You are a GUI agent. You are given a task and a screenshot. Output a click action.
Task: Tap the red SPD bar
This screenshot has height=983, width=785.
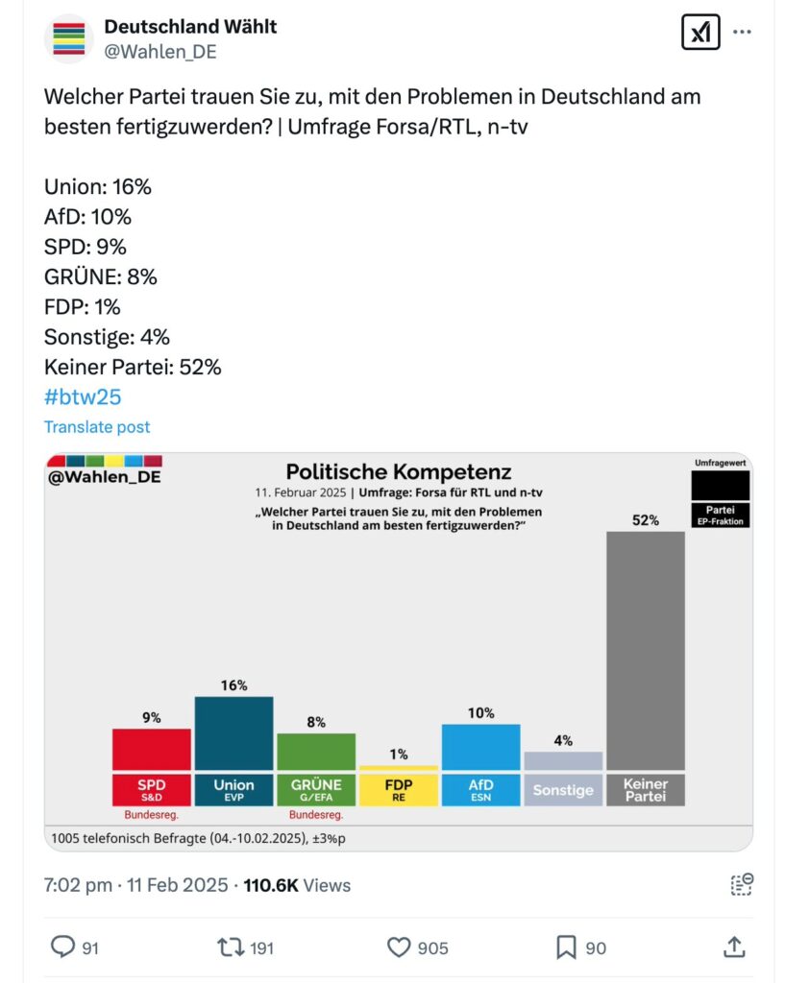[x=151, y=749]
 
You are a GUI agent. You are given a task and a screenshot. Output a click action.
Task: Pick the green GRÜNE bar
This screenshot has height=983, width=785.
[x=316, y=751]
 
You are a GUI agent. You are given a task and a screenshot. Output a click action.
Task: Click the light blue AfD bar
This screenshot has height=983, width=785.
[x=480, y=747]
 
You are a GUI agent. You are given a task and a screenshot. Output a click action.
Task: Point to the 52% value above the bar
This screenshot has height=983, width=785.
[x=646, y=520]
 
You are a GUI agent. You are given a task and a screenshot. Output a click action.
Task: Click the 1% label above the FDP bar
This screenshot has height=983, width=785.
[x=399, y=755]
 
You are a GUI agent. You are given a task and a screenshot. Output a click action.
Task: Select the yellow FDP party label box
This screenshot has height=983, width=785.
[x=399, y=789]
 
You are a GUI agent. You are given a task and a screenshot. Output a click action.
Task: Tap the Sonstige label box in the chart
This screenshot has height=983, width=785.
[x=563, y=790]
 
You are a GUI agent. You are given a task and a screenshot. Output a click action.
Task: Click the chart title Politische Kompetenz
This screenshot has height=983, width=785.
[x=399, y=472]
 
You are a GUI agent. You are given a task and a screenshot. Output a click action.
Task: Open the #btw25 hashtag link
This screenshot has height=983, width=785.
[x=83, y=396]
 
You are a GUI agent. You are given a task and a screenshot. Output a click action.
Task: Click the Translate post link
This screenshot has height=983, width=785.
[x=97, y=427]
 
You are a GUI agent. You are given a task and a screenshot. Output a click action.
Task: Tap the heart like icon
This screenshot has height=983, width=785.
[x=399, y=947]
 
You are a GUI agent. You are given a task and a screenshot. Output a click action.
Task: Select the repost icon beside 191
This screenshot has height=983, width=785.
[x=231, y=947]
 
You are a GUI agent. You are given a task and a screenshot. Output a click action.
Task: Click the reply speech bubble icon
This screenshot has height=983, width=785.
[x=62, y=947]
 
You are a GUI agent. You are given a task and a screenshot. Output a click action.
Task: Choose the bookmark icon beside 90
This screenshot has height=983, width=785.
[x=566, y=947]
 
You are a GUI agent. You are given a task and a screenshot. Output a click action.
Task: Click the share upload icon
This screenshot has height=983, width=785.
[x=733, y=947]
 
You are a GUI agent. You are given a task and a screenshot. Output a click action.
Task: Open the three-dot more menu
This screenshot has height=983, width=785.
[x=742, y=32]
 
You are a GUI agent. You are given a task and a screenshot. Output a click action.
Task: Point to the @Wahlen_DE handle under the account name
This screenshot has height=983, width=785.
[x=160, y=52]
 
